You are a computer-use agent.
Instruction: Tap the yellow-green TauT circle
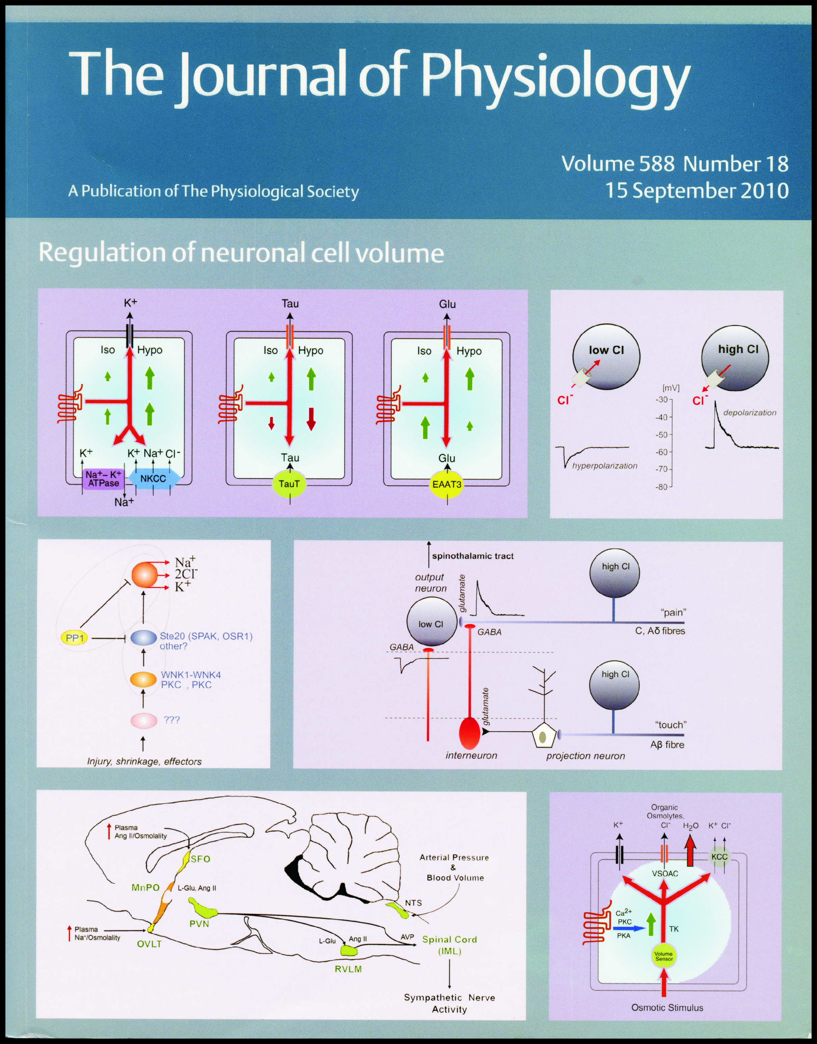[289, 484]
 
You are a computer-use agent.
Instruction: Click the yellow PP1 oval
[75, 638]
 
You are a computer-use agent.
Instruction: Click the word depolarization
[749, 412]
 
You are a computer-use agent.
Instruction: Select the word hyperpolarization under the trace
[604, 465]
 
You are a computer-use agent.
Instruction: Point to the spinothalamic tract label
[473, 556]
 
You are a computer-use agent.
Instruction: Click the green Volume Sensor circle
[664, 956]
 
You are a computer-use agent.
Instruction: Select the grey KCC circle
[719, 857]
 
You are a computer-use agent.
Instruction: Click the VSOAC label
[665, 873]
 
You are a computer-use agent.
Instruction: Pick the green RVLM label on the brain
[348, 969]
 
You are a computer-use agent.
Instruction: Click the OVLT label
[149, 944]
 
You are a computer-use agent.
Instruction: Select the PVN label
[199, 923]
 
